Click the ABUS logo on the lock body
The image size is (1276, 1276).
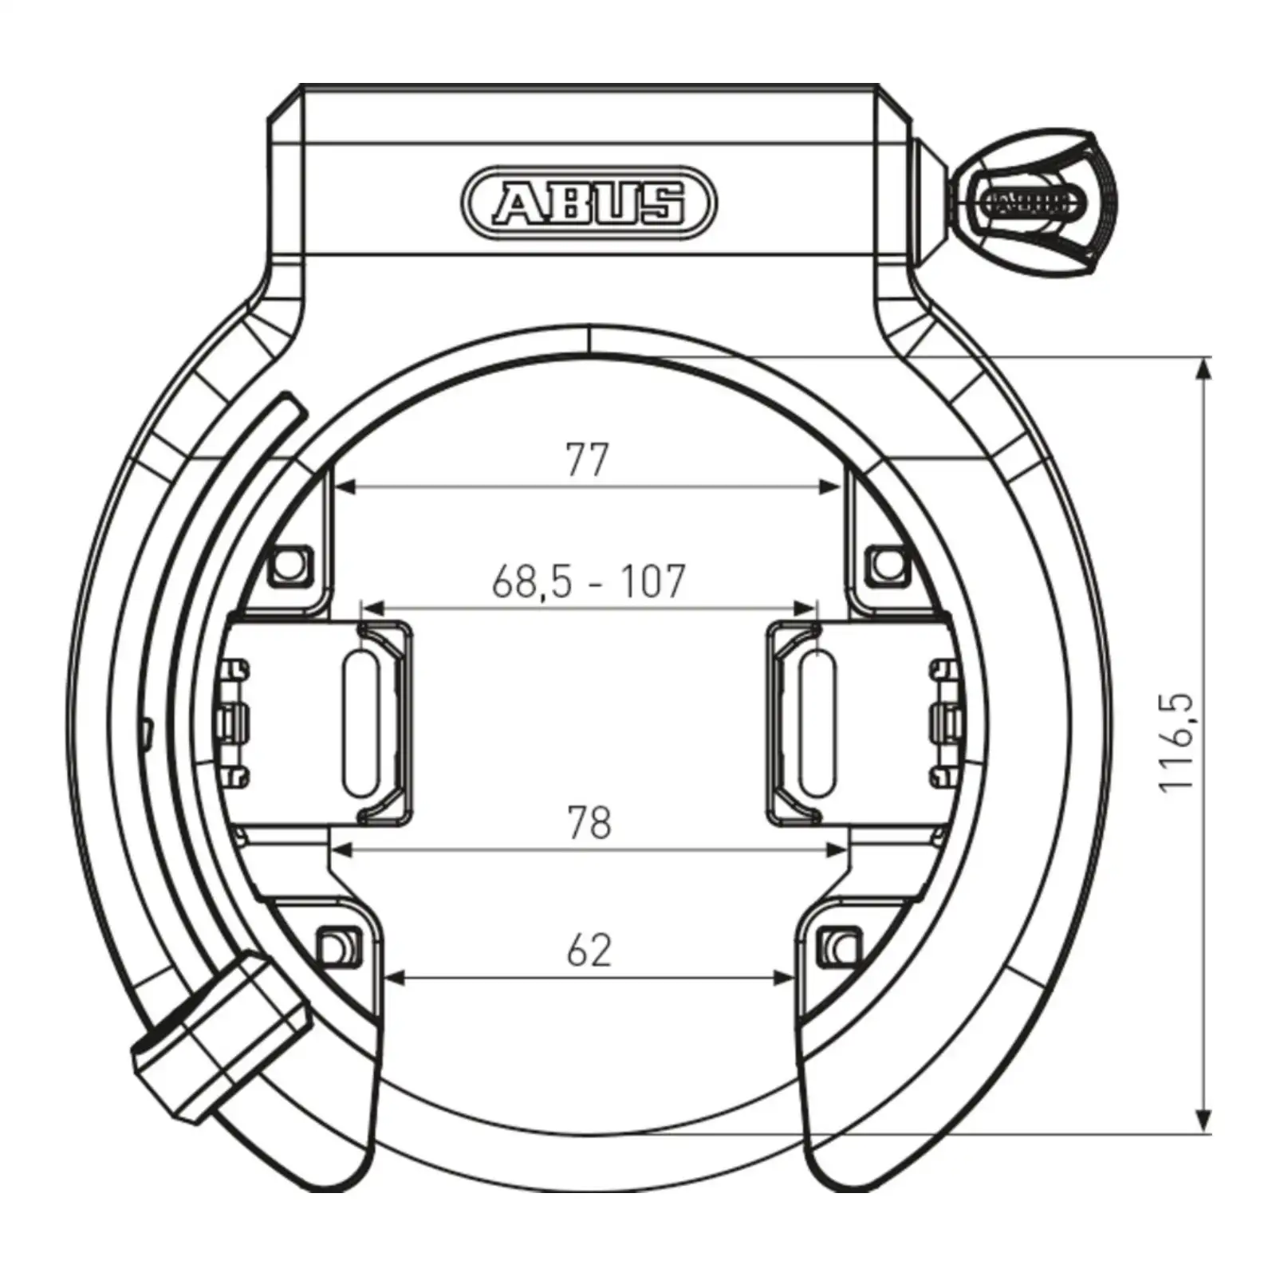(x=589, y=203)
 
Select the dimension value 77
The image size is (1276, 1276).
(x=587, y=459)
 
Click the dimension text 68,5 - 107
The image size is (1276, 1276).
(x=589, y=581)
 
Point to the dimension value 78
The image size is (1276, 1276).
(x=589, y=822)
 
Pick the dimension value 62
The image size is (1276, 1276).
(x=589, y=950)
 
